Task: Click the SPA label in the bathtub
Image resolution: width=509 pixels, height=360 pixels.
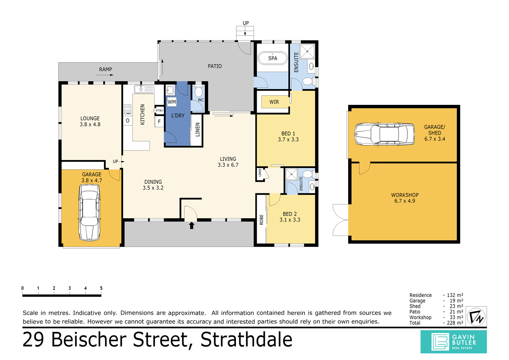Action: (272, 58)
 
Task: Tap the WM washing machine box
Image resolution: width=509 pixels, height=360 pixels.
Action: (172, 102)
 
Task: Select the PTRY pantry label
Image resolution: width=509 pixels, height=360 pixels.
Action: (159, 111)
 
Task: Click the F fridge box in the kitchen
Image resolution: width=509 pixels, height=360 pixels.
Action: (158, 122)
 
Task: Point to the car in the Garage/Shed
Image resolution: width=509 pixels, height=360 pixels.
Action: (384, 134)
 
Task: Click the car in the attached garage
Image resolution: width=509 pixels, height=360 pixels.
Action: (89, 212)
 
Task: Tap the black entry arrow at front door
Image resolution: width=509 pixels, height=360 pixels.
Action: (191, 225)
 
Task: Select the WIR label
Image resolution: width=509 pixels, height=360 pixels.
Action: (274, 102)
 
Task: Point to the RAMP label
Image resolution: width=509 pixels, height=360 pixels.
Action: (106, 69)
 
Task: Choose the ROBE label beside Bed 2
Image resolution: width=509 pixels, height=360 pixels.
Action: (261, 219)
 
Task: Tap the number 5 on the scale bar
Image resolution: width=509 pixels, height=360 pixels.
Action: (101, 288)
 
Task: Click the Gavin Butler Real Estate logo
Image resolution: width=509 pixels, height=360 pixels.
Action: (454, 341)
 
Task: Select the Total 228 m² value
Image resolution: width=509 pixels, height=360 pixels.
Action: (453, 323)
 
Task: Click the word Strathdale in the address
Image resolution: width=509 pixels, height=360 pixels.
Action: (247, 340)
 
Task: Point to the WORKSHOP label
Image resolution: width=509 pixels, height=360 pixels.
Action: (405, 195)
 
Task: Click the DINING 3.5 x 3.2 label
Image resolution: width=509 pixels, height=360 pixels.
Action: (153, 185)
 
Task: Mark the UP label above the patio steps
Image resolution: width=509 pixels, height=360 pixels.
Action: (245, 23)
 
